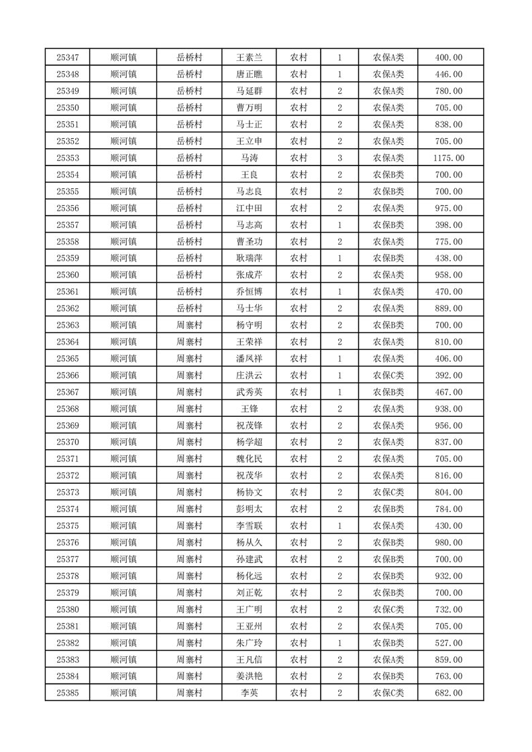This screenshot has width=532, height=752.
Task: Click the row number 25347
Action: click(x=68, y=58)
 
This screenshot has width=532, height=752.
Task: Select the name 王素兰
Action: click(x=250, y=58)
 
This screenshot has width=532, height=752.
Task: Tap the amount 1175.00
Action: click(x=449, y=158)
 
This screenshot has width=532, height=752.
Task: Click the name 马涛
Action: click(x=250, y=158)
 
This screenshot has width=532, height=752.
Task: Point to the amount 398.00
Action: click(x=449, y=225)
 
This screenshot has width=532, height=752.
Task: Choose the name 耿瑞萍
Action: click(x=250, y=259)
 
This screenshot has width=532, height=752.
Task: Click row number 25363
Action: click(x=68, y=325)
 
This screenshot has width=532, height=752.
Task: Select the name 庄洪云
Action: click(x=250, y=375)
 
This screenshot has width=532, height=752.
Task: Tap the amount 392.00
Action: click(x=449, y=375)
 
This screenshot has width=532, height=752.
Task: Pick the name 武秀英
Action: click(x=250, y=392)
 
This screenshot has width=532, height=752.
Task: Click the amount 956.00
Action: click(x=449, y=426)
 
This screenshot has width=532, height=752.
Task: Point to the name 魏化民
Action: click(x=250, y=459)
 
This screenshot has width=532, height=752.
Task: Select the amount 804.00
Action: click(x=449, y=493)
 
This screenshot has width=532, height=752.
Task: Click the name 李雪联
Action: click(x=250, y=526)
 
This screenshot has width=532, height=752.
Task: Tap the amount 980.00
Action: click(x=449, y=543)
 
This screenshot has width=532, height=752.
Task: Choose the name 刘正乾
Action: click(x=250, y=592)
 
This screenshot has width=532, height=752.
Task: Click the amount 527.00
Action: click(x=449, y=643)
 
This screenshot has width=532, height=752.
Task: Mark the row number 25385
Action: click(x=68, y=693)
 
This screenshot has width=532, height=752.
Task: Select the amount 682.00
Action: click(x=449, y=693)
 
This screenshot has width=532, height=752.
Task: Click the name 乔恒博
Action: click(x=250, y=292)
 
